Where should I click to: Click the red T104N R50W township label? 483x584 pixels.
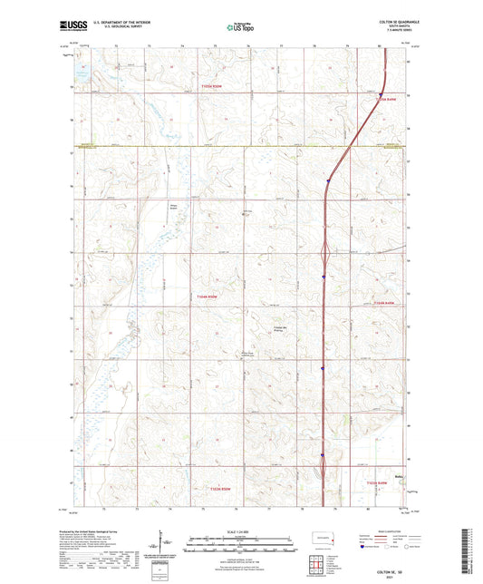(208, 297)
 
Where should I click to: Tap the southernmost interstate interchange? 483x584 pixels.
(322, 467)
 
